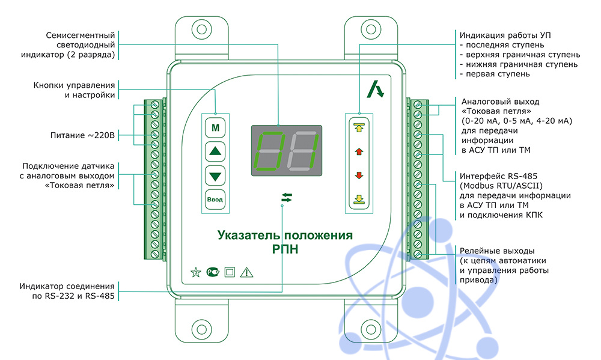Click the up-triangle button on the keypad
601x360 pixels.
coord(215,151)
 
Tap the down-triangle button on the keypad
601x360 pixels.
coord(215,176)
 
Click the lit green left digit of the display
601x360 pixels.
coord(270,151)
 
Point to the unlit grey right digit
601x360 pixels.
coord(304,151)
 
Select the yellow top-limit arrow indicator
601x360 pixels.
coord(359,127)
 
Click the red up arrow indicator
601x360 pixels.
coord(359,151)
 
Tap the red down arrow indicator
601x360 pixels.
coord(359,175)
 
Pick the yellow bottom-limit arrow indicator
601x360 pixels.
coord(359,200)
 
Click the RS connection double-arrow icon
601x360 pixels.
coord(287,198)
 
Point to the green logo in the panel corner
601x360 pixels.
coord(375,90)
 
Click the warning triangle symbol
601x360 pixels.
coord(246,272)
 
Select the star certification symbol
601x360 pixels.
coord(196,272)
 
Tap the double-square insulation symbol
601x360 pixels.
coord(230,272)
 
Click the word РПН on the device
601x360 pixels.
coord(285,249)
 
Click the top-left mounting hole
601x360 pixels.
coord(201,29)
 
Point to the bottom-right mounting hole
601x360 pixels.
coord(371,329)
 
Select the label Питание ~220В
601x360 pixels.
coord(82,135)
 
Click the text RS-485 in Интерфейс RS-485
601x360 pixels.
coord(523,176)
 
